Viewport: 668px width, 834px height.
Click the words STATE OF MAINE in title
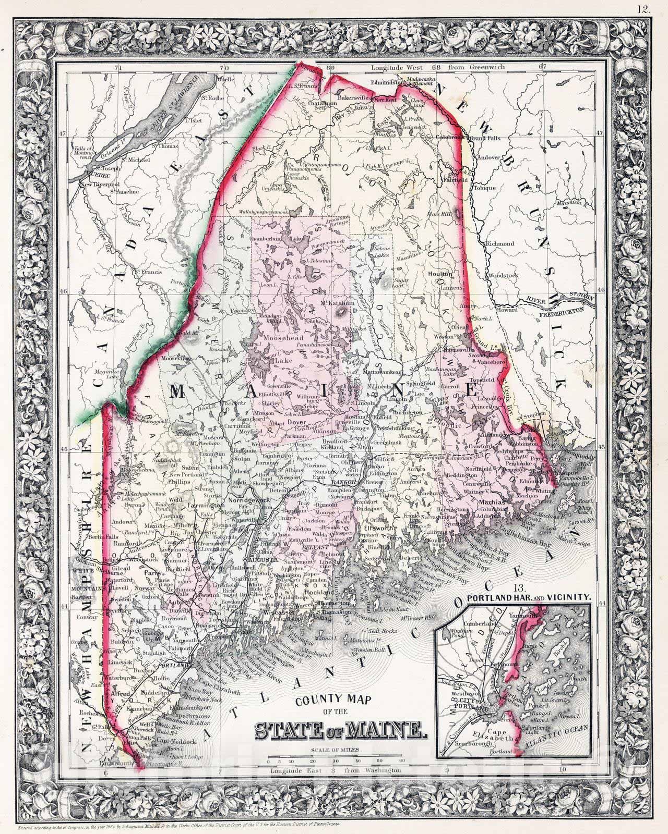338,730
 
